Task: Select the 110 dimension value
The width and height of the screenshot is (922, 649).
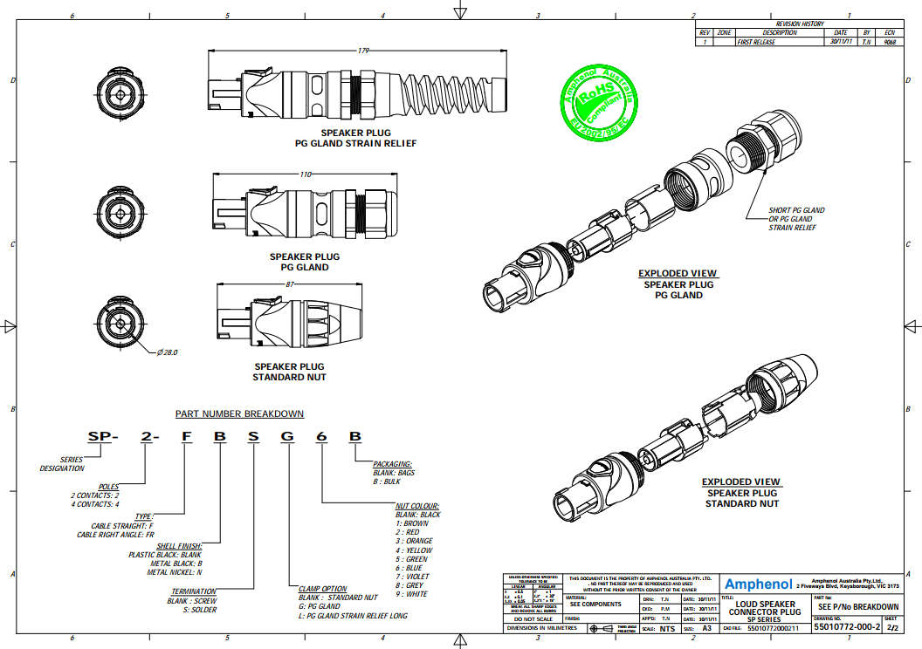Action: (305, 174)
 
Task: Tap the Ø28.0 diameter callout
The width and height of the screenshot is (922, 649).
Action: (167, 353)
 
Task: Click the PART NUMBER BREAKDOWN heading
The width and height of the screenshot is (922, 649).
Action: (239, 413)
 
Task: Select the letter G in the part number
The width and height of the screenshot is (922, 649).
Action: (286, 436)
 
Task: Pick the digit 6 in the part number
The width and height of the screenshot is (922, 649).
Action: (321, 436)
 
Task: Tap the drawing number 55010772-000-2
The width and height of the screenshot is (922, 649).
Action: (848, 627)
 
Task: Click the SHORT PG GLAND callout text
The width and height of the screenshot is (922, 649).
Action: (796, 210)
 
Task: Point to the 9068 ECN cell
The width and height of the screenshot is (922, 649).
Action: (890, 41)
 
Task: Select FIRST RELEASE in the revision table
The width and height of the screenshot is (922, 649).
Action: (756, 41)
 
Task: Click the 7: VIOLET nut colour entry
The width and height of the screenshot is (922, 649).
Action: (413, 577)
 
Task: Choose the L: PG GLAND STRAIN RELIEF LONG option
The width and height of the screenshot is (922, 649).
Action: (353, 616)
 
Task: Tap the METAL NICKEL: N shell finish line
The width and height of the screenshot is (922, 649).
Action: (175, 572)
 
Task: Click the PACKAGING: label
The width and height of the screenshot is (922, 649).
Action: (392, 464)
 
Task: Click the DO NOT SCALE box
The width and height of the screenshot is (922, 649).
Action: (533, 618)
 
